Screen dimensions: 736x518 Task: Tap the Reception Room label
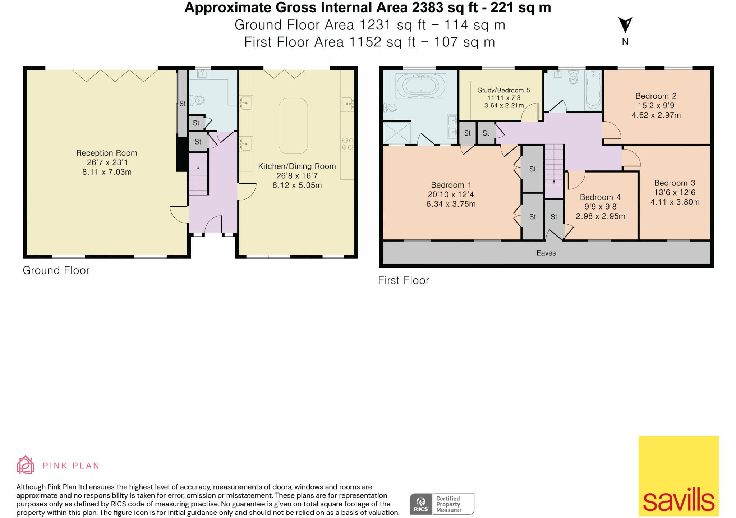[107, 153]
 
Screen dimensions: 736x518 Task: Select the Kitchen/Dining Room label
[297, 166]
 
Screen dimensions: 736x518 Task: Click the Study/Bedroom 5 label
[504, 90]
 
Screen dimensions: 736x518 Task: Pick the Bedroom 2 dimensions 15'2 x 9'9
[656, 106]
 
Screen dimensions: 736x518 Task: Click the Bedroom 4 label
[600, 197]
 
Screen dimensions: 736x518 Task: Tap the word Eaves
[546, 253]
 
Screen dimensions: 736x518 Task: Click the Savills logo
[678, 476]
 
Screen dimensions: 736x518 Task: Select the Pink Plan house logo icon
[26, 465]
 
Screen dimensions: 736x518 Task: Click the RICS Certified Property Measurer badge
[442, 504]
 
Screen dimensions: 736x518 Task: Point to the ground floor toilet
[197, 100]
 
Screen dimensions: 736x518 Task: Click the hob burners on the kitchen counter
[348, 144]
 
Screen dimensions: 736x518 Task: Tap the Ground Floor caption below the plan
[56, 270]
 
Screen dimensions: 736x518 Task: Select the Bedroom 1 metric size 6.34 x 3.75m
[451, 204]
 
